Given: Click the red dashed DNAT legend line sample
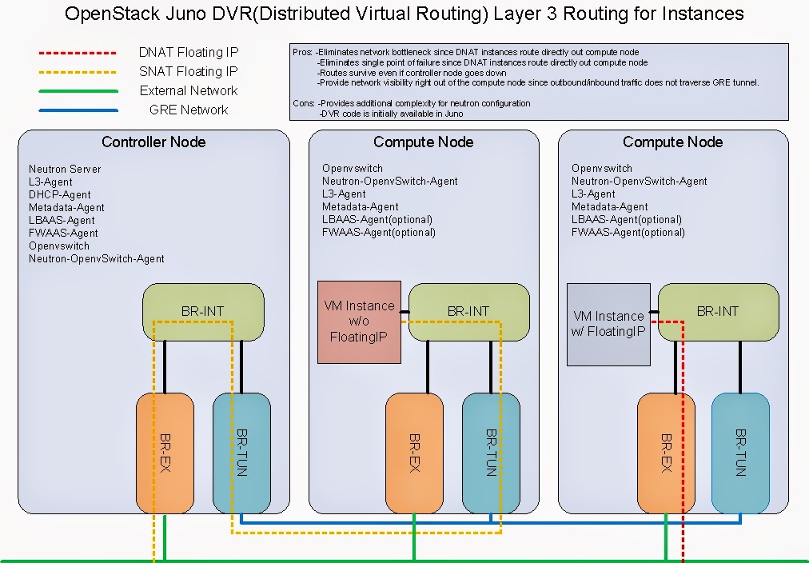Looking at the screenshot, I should pos(78,53).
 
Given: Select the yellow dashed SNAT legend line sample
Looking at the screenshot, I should pos(78,72).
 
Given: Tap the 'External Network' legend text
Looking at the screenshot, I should pos(189,91).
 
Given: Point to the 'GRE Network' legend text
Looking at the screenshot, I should pos(189,110).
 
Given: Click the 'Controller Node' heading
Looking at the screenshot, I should pos(153,142).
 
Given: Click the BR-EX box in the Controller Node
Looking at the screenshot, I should pos(165,453).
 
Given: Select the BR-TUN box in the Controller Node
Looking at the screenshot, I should pos(241,453).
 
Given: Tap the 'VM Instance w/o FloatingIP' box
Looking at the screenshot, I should pos(359,321).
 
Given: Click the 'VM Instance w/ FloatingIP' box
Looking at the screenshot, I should pos(608,324).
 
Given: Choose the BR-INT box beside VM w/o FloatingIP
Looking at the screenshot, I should pos(468,311).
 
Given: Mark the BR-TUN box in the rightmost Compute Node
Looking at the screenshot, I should pos(740,453).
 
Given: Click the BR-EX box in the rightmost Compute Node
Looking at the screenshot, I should pos(665,453).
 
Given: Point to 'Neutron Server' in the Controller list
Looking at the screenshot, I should pos(65,170).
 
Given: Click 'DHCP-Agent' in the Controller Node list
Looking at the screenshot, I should pos(60,195).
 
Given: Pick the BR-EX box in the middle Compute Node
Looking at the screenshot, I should pos(414,453).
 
